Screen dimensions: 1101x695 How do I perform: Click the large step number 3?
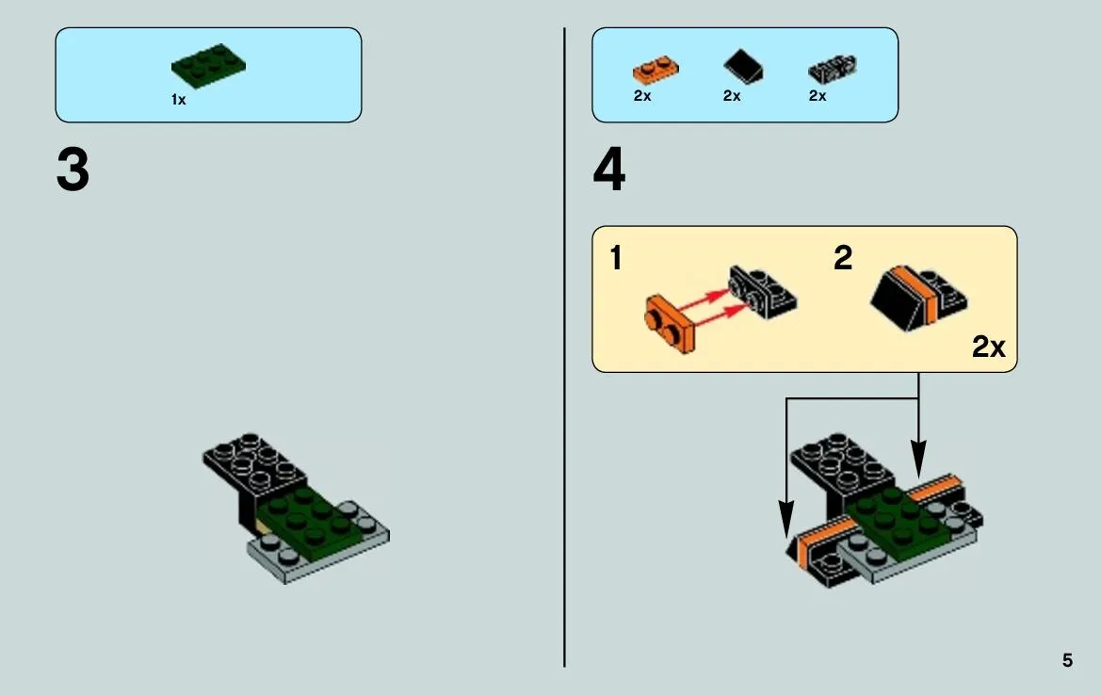(x=73, y=170)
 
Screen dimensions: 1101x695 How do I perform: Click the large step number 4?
(x=608, y=170)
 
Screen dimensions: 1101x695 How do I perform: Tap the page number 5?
(x=1067, y=660)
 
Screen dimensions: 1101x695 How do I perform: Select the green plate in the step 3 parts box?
(x=208, y=66)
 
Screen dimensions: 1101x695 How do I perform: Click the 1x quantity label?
(x=178, y=100)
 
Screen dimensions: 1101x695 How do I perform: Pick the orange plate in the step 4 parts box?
(x=656, y=71)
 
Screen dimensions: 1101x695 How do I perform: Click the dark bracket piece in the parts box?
(x=833, y=70)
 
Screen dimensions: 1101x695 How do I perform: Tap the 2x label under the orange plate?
(x=642, y=95)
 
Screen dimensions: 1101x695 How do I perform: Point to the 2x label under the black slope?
(x=732, y=95)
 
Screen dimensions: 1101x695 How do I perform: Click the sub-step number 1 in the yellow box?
(x=616, y=258)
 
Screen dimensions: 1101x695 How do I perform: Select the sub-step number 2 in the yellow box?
(x=843, y=258)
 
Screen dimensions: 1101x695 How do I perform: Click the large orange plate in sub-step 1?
(x=669, y=324)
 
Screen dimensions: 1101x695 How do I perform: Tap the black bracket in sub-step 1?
(x=762, y=291)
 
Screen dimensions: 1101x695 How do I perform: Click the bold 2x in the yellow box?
(x=989, y=347)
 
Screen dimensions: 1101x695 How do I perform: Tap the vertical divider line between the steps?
(x=564, y=347)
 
